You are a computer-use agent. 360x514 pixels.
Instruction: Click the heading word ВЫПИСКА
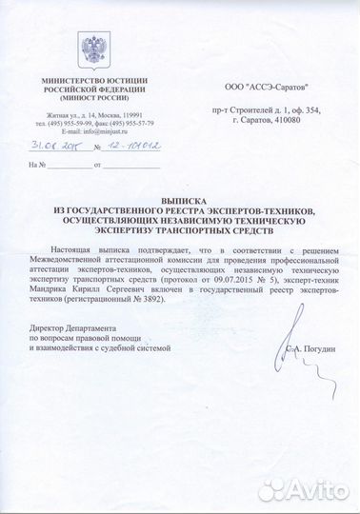[x=179, y=202]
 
